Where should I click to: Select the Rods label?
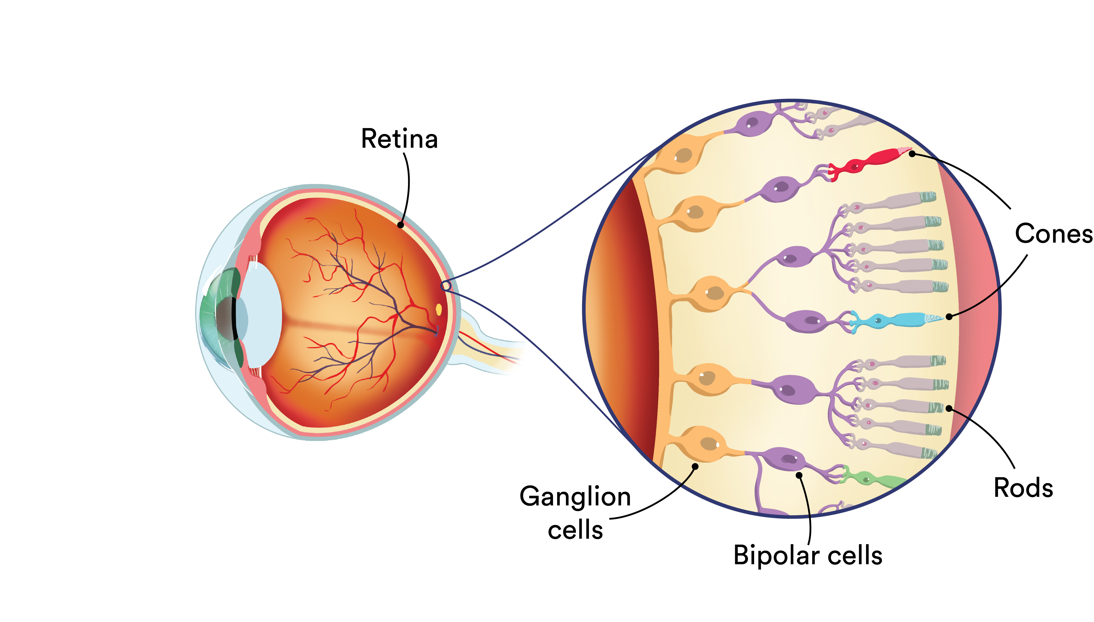coord(1023,488)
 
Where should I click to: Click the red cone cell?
coord(870,161)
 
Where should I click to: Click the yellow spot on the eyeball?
coord(438,309)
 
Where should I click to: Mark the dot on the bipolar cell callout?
coord(799,475)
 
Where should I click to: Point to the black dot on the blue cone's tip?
coord(949,316)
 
